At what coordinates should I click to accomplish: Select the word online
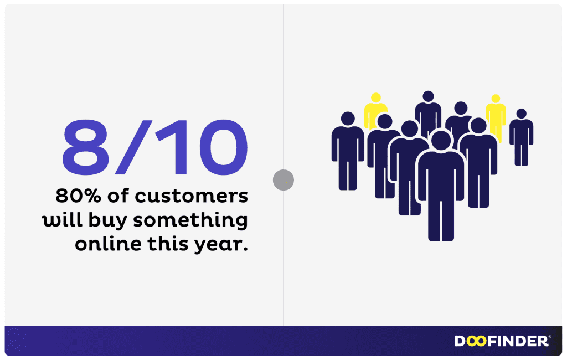[104, 244]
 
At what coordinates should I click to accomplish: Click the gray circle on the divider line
[283, 179]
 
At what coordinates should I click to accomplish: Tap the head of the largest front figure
[441, 140]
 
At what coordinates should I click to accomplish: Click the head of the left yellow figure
[376, 99]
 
